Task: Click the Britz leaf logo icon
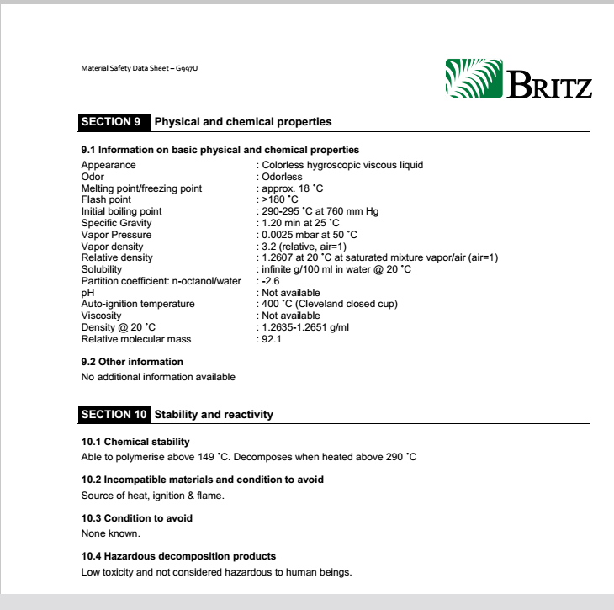473,78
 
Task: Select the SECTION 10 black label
114,415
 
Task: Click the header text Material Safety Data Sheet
140,68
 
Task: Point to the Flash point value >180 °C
280,199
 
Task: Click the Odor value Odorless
282,177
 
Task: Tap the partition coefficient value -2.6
270,281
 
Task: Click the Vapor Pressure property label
116,235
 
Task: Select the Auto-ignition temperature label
137,304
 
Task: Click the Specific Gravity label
116,223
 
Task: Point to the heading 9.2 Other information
132,362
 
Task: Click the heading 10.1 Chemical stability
135,442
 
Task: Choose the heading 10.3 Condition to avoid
137,518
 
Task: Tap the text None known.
110,533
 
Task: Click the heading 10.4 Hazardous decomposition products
178,556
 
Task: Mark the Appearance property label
109,165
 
